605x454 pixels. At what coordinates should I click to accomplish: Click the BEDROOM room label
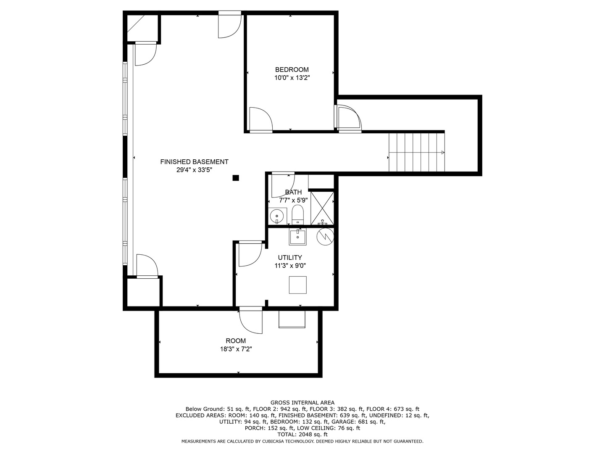[x=292, y=69]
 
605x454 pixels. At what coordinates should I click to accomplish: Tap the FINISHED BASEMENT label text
[x=195, y=162]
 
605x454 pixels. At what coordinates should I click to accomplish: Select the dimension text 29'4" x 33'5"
[x=195, y=170]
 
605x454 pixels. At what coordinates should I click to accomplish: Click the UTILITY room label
[x=290, y=257]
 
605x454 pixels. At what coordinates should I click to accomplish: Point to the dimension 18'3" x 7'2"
[x=236, y=349]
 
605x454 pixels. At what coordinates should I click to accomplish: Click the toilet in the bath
[x=297, y=214]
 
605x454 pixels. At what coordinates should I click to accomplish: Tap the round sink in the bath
[x=276, y=216]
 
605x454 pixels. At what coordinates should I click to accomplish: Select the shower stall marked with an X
[x=322, y=208]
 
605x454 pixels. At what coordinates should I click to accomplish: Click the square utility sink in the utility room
[x=297, y=237]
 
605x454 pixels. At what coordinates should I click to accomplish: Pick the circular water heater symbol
[x=325, y=237]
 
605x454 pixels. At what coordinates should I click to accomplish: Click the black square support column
[x=236, y=178]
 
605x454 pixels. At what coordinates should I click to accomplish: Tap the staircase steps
[x=416, y=152]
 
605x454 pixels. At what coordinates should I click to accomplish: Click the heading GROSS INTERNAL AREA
[x=302, y=403]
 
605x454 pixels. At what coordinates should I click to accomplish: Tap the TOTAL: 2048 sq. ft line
[x=302, y=434]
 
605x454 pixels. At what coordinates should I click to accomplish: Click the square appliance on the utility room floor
[x=298, y=285]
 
